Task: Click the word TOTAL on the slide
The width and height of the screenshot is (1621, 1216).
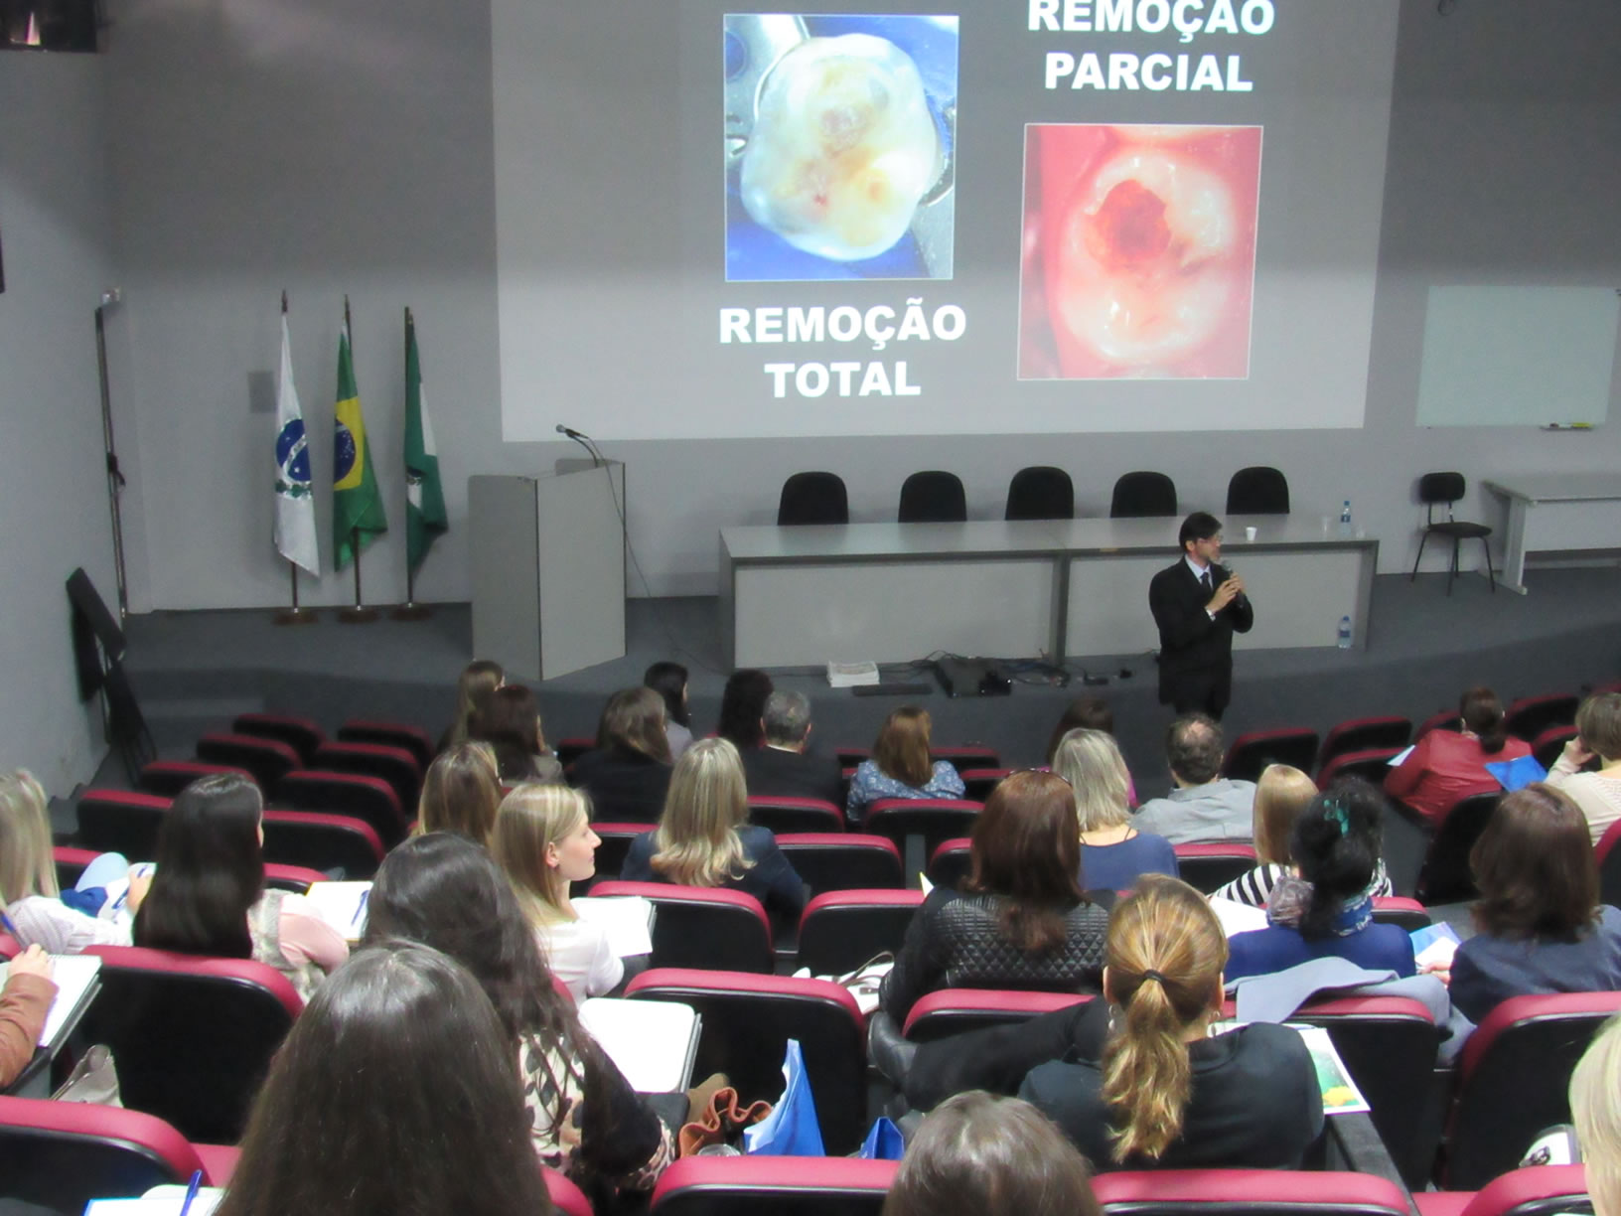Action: [x=842, y=379]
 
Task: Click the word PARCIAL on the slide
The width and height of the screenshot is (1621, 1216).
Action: [x=1147, y=71]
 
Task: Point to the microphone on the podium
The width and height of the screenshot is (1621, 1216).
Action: [x=569, y=431]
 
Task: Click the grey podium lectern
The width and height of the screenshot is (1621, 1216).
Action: [x=546, y=568]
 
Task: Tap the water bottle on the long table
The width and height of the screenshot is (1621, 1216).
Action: [x=1345, y=519]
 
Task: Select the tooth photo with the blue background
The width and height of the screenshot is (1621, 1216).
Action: [x=839, y=147]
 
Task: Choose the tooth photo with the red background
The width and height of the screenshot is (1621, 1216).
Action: [x=1139, y=251]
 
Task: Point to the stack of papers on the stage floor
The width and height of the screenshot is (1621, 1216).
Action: [x=852, y=673]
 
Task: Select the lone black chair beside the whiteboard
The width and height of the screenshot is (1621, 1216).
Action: [x=1451, y=528]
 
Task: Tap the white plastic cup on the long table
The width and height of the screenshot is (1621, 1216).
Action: [x=1252, y=533]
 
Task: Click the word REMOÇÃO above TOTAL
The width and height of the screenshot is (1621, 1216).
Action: [x=842, y=325]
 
